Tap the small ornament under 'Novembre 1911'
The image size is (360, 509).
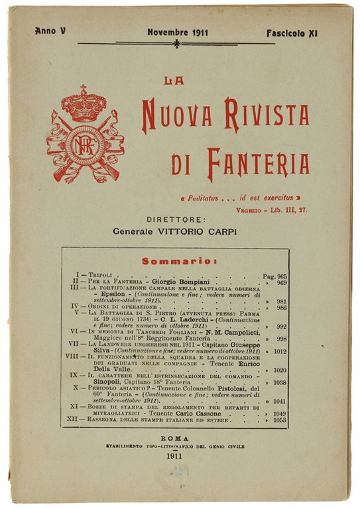point(176,44)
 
